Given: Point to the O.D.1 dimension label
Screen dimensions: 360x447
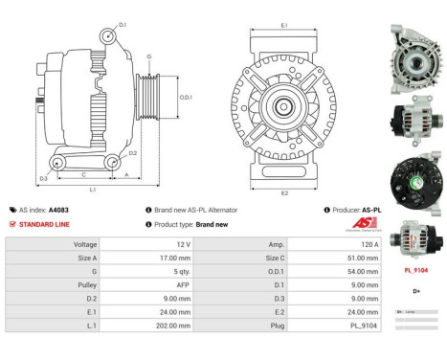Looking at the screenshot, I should tap(187, 98).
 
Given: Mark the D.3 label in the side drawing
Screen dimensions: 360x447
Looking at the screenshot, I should tap(43, 178).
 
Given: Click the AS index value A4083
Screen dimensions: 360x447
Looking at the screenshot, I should tap(59, 210).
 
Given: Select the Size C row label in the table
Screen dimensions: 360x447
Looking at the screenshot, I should tap(246, 258).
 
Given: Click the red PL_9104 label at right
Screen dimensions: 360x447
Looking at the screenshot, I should tap(415, 270).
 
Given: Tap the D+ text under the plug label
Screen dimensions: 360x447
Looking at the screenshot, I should tap(415, 290).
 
